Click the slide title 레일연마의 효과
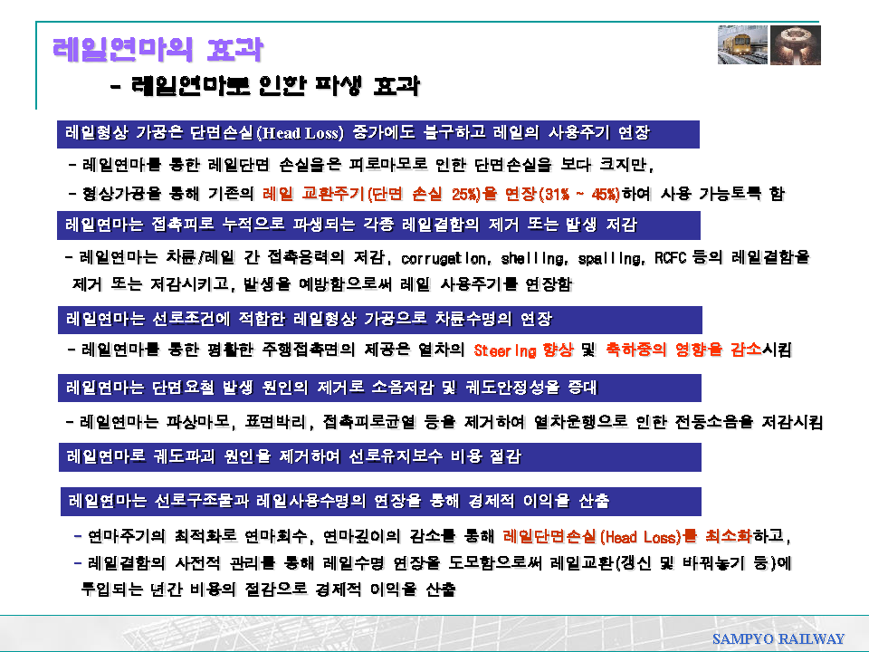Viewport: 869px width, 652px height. point(158,49)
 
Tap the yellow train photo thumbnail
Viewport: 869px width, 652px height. point(742,45)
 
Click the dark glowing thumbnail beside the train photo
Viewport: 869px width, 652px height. point(796,45)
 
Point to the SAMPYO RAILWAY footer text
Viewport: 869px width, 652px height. point(778,638)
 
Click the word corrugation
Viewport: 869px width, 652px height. point(444,258)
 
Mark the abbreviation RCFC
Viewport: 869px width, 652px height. point(670,258)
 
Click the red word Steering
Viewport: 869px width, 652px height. point(505,350)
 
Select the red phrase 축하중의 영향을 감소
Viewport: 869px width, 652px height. point(683,350)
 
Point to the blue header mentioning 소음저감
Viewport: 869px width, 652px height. point(379,388)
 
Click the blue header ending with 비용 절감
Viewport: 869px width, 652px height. point(380,456)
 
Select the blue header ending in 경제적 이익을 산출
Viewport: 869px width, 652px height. point(381,501)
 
